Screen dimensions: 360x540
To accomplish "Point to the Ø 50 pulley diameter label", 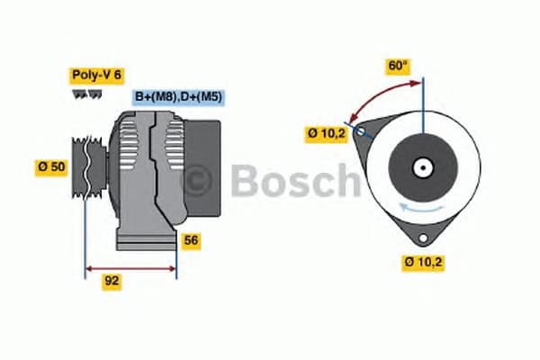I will coord(51,166).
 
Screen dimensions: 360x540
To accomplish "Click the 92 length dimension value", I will coord(112,281).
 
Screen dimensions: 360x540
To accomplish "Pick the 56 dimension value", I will coord(190,240).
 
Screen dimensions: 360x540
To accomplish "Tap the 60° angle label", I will coord(398,66).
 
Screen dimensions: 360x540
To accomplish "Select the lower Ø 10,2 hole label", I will coord(423,263).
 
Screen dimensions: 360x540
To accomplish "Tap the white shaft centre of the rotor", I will coord(421,166).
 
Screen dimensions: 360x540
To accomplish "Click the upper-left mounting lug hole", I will coord(361,131).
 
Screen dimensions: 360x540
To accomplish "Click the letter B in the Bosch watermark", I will coord(245,181).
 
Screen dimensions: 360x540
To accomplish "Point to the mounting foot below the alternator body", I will coord(145,242).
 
